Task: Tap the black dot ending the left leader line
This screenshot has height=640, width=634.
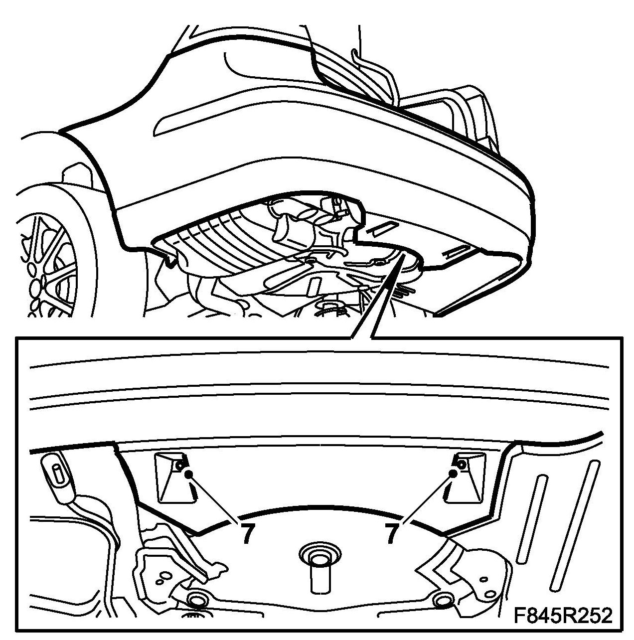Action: (188, 475)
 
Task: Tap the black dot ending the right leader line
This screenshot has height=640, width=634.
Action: (452, 474)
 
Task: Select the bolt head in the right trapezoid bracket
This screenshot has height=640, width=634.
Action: (462, 466)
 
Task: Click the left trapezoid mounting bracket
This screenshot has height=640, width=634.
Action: (174, 481)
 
